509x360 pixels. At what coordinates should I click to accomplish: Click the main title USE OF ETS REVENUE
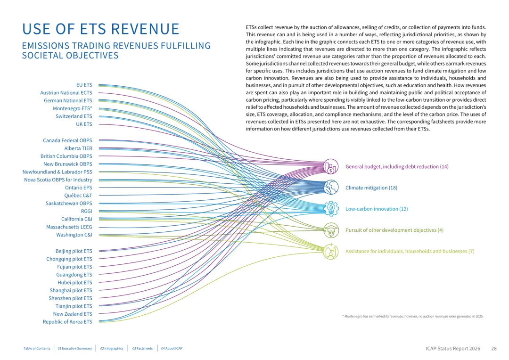(x=101, y=29)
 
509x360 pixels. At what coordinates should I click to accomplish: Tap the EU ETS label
(x=84, y=85)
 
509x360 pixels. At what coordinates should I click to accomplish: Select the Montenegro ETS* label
(x=73, y=108)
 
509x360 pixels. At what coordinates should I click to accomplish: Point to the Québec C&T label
(x=78, y=196)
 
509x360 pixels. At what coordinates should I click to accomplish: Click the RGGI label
(x=87, y=211)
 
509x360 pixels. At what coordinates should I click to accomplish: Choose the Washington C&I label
(x=74, y=235)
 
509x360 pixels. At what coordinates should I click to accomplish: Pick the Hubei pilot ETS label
(x=74, y=282)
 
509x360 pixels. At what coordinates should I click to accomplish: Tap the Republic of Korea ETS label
(x=67, y=322)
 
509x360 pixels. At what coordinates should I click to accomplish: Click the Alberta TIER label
(x=78, y=148)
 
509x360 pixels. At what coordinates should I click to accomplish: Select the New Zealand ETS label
(x=73, y=314)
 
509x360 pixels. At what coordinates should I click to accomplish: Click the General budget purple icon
(x=331, y=166)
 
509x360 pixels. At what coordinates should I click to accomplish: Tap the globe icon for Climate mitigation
(x=331, y=188)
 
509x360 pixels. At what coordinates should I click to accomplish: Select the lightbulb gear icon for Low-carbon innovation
(x=331, y=209)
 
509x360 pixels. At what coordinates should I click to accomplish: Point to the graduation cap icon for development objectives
(x=331, y=230)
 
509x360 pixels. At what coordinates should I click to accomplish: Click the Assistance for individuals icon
(x=331, y=251)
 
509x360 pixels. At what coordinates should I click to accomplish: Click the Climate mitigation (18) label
(x=371, y=188)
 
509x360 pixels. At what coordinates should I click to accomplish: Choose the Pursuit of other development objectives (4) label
(x=394, y=230)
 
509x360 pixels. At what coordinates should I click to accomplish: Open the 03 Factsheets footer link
(x=142, y=348)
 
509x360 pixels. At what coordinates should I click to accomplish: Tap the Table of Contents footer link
(x=37, y=348)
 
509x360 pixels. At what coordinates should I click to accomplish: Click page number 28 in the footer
(x=494, y=348)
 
